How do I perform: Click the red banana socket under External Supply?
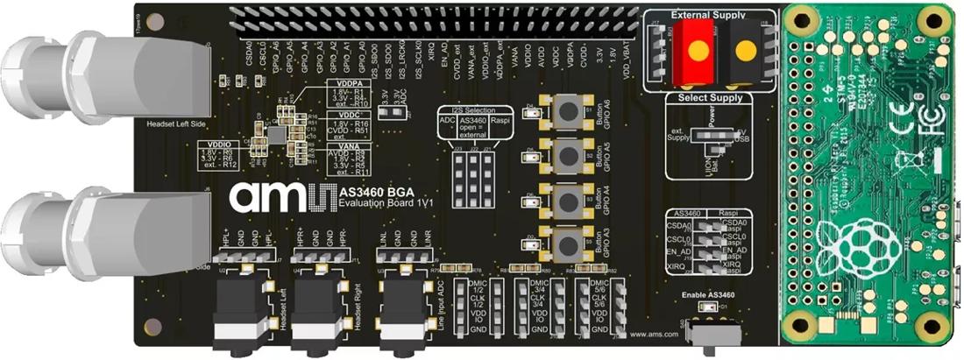(698, 51)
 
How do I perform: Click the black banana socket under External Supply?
(744, 51)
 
